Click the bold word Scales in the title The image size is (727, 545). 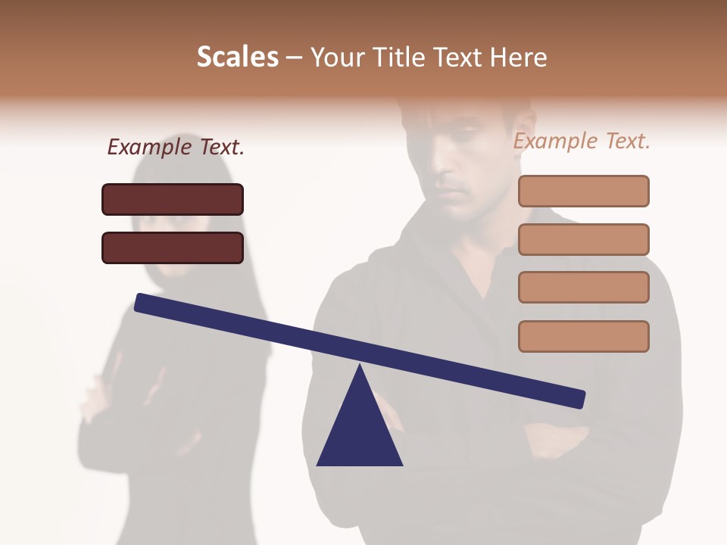click(237, 57)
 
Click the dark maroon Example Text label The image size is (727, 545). click(176, 147)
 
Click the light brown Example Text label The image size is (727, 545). click(582, 141)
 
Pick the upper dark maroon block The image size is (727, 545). click(173, 199)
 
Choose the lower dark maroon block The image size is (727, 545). click(173, 248)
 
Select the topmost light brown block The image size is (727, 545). click(583, 191)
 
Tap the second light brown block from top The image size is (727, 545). click(583, 239)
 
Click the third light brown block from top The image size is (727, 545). click(583, 287)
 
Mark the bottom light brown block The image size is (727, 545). click(583, 336)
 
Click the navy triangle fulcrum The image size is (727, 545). click(360, 431)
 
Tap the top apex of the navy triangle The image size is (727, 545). click(360, 367)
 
